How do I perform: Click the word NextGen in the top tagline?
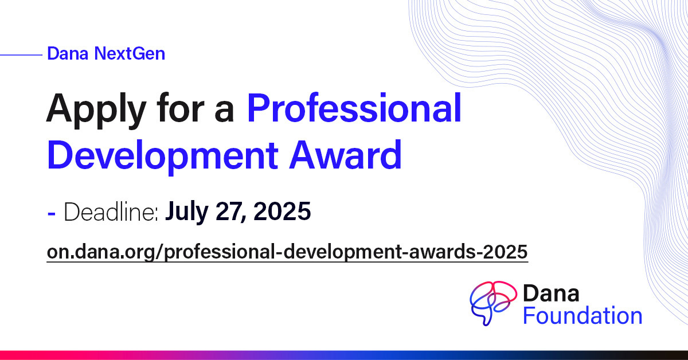click(x=130, y=53)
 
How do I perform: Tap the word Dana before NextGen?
click(x=68, y=53)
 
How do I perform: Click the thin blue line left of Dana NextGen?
click(x=21, y=55)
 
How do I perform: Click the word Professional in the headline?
click(x=354, y=108)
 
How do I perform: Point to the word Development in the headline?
click(x=162, y=156)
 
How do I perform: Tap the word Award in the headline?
click(x=345, y=155)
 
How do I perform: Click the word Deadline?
click(x=111, y=212)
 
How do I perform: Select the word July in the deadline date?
click(x=187, y=212)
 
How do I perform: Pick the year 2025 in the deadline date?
click(x=282, y=211)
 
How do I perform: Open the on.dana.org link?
click(x=287, y=252)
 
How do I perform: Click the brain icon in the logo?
click(x=493, y=303)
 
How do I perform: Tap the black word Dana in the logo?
click(x=551, y=293)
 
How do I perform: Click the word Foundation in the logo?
click(x=583, y=315)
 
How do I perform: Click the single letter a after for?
click(x=224, y=112)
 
